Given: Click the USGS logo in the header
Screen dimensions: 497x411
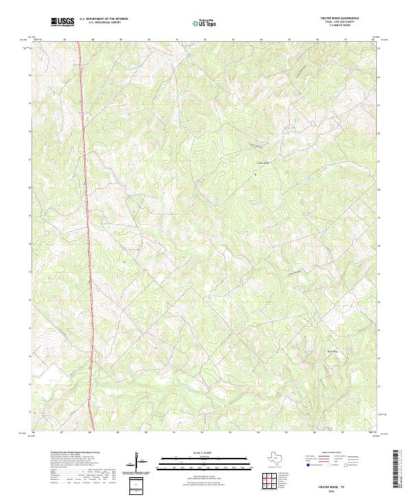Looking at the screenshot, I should pyautogui.click(x=63, y=23).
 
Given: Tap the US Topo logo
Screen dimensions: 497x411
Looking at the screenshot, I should pyautogui.click(x=206, y=23).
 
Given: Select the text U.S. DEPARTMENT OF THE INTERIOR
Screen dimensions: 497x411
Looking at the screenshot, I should pyautogui.click(x=103, y=20).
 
